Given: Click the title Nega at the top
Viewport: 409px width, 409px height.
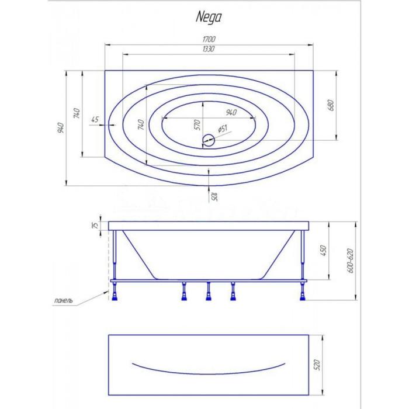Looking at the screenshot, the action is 209,18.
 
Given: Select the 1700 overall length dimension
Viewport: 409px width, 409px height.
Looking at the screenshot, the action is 209,39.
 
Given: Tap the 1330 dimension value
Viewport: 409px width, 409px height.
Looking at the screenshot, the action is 209,48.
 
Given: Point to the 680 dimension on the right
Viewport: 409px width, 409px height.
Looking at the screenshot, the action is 331,105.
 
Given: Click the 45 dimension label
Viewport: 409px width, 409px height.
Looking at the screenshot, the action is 95,119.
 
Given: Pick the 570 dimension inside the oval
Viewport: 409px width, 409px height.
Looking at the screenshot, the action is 197,124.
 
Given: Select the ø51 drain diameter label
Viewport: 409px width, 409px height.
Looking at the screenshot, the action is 222,129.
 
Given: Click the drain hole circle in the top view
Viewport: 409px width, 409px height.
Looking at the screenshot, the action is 209,140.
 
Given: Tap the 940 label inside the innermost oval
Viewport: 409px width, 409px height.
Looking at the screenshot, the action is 231,112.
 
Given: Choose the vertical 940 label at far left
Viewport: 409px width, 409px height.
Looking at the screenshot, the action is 61,127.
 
